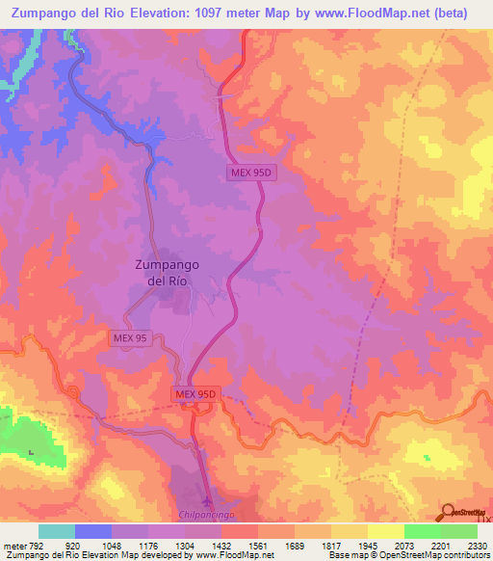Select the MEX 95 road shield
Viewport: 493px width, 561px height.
click(128, 337)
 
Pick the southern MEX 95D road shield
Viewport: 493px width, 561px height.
click(198, 393)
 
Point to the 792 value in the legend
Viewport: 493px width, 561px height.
click(38, 545)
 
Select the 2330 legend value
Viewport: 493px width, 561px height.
click(478, 545)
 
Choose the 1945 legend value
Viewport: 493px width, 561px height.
click(368, 545)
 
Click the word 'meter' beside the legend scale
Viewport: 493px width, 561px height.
click(13, 545)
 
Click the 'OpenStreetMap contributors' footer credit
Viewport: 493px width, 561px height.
click(438, 555)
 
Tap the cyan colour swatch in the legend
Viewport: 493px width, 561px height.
click(56, 531)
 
